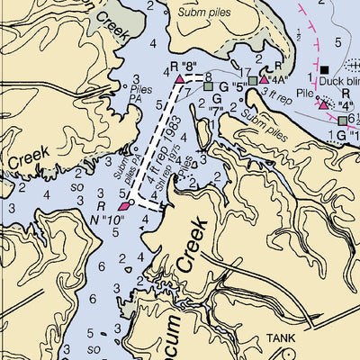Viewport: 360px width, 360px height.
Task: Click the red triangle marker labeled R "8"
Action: (x=180, y=80)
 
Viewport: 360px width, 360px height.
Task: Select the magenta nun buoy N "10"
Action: (x=124, y=204)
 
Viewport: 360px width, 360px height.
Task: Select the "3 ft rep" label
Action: (x=277, y=93)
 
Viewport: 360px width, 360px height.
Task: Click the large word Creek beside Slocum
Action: (x=193, y=251)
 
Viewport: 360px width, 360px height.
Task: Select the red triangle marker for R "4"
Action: (x=324, y=104)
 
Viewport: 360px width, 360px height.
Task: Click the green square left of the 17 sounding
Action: (x=209, y=86)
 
